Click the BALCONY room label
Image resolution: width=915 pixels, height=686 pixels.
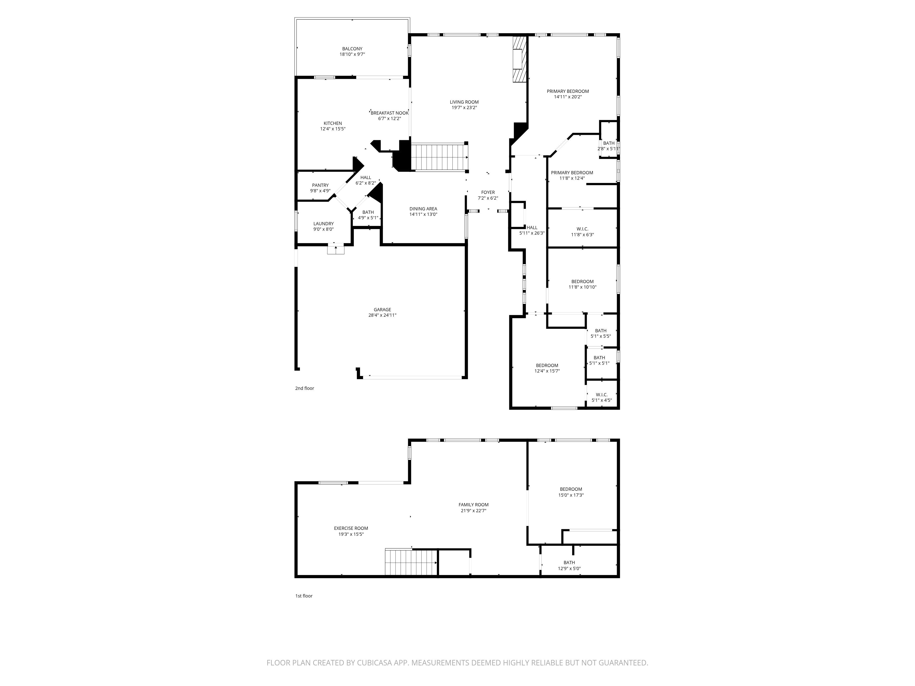tap(352, 49)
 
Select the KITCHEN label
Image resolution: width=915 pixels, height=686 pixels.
tap(333, 123)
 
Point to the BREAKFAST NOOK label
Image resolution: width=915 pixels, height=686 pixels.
tap(390, 113)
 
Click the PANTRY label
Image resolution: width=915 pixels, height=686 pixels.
tap(320, 185)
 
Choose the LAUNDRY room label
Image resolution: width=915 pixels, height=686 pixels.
tap(323, 224)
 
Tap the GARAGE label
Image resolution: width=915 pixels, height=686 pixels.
tap(382, 310)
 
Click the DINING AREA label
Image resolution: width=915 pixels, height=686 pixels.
tap(423, 209)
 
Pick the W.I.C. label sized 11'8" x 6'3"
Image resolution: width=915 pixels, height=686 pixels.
tap(582, 229)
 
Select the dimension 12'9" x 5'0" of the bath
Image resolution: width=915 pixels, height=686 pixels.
tap(569, 568)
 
